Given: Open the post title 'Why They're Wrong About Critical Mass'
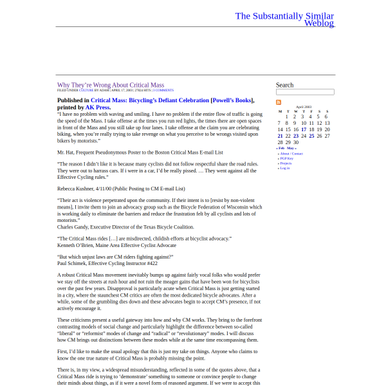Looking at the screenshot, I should point(111,85).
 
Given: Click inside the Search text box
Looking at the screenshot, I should point(305,92).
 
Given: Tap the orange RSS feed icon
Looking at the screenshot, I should point(279,102).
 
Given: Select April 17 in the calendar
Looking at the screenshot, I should point(304,129).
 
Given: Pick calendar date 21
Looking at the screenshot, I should point(280,136).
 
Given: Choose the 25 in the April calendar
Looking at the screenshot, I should point(311,136).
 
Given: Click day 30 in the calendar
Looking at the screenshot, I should point(296,142).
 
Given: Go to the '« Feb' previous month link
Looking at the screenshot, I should point(280,148).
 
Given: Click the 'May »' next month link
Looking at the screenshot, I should point(291,148).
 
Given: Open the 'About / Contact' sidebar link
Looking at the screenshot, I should point(291,154).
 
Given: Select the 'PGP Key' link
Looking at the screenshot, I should point(286,158).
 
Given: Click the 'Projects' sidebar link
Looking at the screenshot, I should point(286,163).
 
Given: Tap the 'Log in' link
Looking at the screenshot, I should point(284,168).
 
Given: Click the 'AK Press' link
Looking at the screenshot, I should point(98,107).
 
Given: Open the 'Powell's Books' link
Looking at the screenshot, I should point(232,100).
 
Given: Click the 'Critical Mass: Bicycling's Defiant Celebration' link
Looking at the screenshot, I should point(150,100).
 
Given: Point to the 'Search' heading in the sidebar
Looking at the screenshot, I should point(284,85).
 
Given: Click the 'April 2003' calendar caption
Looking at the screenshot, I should point(304,107).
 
